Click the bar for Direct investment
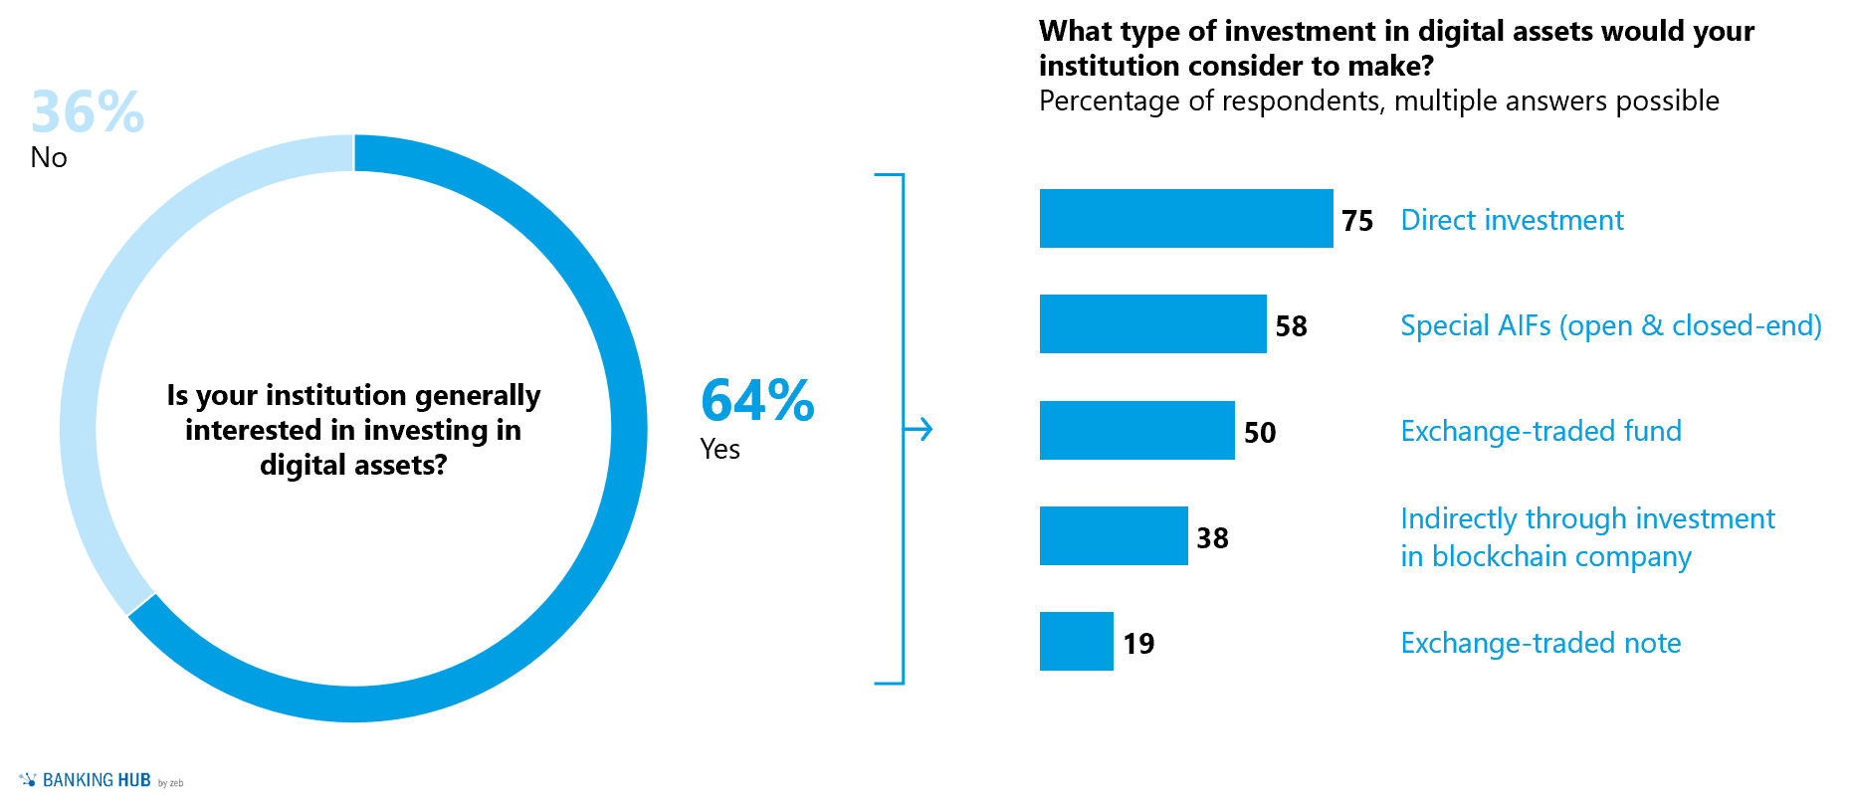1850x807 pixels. click(1185, 219)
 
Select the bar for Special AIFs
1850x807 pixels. click(1152, 324)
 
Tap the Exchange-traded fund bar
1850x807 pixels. click(1136, 431)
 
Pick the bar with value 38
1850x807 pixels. click(1114, 536)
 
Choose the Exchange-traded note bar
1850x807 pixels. click(1076, 642)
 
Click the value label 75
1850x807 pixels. click(1356, 221)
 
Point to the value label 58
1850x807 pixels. click(1291, 326)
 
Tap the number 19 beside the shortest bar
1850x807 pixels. click(1138, 644)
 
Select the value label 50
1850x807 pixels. click(1259, 433)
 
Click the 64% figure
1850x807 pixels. click(757, 400)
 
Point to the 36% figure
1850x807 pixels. click(88, 111)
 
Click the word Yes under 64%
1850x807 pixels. click(719, 450)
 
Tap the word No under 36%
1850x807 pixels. click(49, 158)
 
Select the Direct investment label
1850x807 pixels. click(1512, 220)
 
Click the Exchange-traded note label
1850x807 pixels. click(1541, 643)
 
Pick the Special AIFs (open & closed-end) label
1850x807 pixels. click(1610, 325)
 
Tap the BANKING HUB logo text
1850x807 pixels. click(97, 781)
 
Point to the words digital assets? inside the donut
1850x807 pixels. click(353, 465)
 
